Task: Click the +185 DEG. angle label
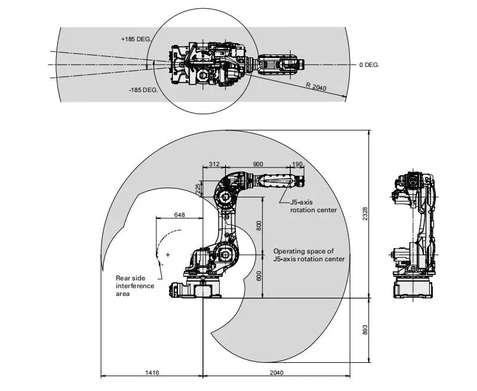tap(136, 39)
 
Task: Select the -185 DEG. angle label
tap(143, 90)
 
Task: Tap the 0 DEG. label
tap(369, 65)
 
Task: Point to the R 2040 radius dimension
tap(316, 87)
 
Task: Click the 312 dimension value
tap(214, 164)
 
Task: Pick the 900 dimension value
tap(258, 164)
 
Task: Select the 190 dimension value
tap(297, 164)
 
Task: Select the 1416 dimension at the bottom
tap(152, 372)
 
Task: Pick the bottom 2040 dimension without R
tap(276, 372)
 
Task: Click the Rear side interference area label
tap(135, 286)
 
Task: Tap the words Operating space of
tap(303, 251)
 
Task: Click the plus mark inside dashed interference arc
tap(168, 255)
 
